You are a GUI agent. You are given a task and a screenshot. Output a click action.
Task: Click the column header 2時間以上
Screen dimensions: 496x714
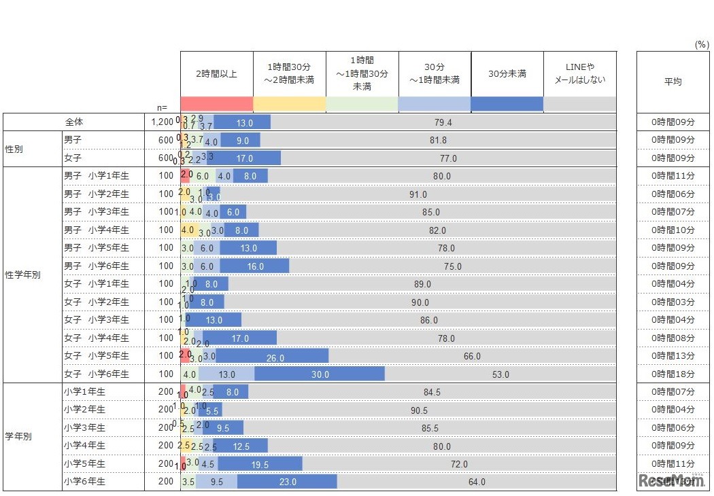pos(216,73)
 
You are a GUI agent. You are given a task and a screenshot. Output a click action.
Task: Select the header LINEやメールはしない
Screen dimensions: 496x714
pos(580,73)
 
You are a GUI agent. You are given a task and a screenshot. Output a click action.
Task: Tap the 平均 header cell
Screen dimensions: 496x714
pos(673,81)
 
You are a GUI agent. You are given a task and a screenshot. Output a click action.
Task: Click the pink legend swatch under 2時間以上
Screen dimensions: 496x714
pos(216,104)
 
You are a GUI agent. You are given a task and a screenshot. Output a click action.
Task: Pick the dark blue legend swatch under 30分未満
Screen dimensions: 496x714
pos(507,104)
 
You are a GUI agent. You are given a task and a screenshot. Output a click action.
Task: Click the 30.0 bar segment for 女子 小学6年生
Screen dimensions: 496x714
pos(320,374)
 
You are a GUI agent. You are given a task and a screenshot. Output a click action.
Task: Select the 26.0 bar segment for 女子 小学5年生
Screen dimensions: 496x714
pos(272,356)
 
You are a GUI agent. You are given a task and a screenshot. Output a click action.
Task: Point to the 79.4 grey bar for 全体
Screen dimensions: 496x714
pos(443,122)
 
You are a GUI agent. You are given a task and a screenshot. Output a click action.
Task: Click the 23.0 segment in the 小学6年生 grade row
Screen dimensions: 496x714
pos(287,482)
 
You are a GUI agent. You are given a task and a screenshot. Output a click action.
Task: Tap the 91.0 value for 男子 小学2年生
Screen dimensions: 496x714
pos(418,194)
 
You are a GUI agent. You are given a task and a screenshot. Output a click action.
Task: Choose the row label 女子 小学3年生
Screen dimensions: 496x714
pos(96,320)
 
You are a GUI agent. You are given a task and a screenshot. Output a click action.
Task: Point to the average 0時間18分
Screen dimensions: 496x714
pos(673,374)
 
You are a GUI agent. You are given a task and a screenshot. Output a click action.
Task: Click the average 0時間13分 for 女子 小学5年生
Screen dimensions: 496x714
pos(673,356)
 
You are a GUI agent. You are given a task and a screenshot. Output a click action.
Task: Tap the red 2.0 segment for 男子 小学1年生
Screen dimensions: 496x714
pos(186,176)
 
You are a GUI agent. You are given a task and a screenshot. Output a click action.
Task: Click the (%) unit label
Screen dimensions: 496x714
pos(701,44)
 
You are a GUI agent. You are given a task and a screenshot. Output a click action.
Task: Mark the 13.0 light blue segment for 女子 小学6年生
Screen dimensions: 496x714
pos(226,374)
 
